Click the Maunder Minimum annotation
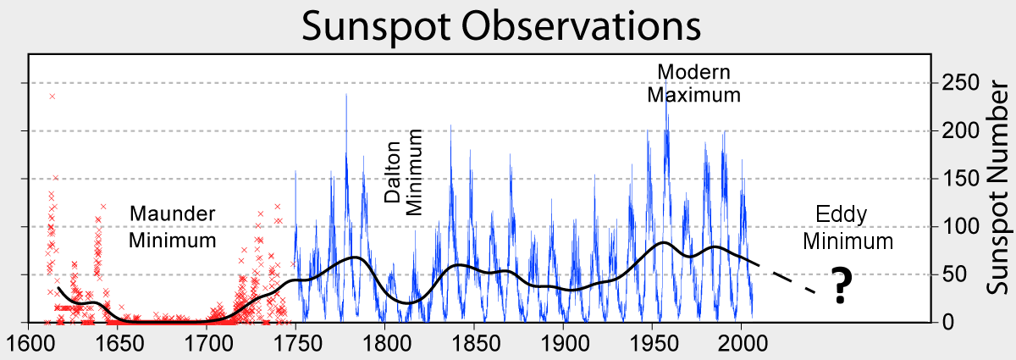pyautogui.click(x=173, y=227)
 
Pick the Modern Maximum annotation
pyautogui.click(x=693, y=83)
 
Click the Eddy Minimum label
pyautogui.click(x=848, y=228)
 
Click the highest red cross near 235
pyautogui.click(x=52, y=97)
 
